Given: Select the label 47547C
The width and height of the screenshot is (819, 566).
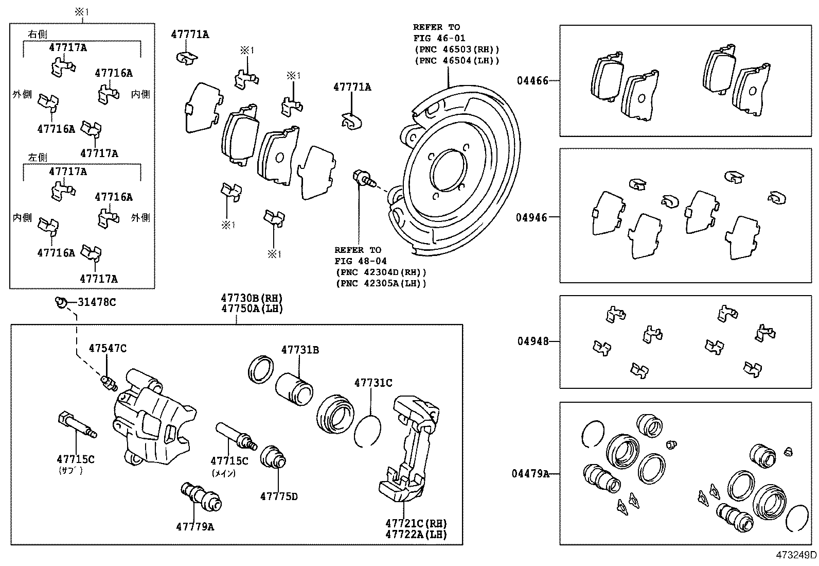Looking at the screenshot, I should [107, 349].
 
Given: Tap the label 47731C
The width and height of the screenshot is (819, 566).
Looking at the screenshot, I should [373, 383].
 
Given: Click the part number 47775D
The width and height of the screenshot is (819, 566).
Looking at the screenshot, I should [278, 496].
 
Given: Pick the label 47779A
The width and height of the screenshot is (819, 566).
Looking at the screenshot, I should [195, 527].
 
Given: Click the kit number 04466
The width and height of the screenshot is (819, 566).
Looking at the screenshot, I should [532, 81].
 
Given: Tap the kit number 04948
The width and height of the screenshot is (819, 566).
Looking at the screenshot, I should [532, 341].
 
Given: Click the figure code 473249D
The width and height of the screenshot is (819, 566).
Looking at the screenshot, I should [796, 555].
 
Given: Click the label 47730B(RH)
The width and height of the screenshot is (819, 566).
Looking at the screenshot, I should [252, 298].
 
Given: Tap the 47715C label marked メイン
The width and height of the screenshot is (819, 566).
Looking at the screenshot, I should [229, 461].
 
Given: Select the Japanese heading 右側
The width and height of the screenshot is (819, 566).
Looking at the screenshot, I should [38, 35].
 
